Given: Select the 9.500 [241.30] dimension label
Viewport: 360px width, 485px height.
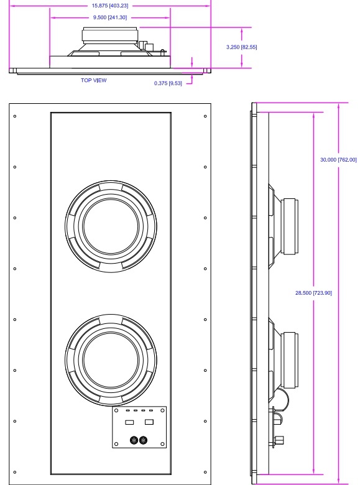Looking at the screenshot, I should coord(109,17).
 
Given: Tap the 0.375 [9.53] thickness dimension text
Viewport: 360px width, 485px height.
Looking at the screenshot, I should coord(170,83).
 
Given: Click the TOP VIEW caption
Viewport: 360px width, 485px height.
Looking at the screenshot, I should coord(93,80).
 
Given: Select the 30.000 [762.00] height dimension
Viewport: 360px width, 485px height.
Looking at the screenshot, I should coord(338,160).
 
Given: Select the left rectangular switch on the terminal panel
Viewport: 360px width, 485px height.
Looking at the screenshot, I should coord(130,422).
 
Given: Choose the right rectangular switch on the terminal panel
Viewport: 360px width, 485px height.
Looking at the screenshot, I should coord(149,422).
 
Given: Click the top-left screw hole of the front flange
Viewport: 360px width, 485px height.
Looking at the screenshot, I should coord(15,116).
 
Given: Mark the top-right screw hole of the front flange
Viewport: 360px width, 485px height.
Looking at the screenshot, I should coord(205,116).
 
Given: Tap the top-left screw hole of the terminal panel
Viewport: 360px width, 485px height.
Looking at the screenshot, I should coord(116,411).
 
